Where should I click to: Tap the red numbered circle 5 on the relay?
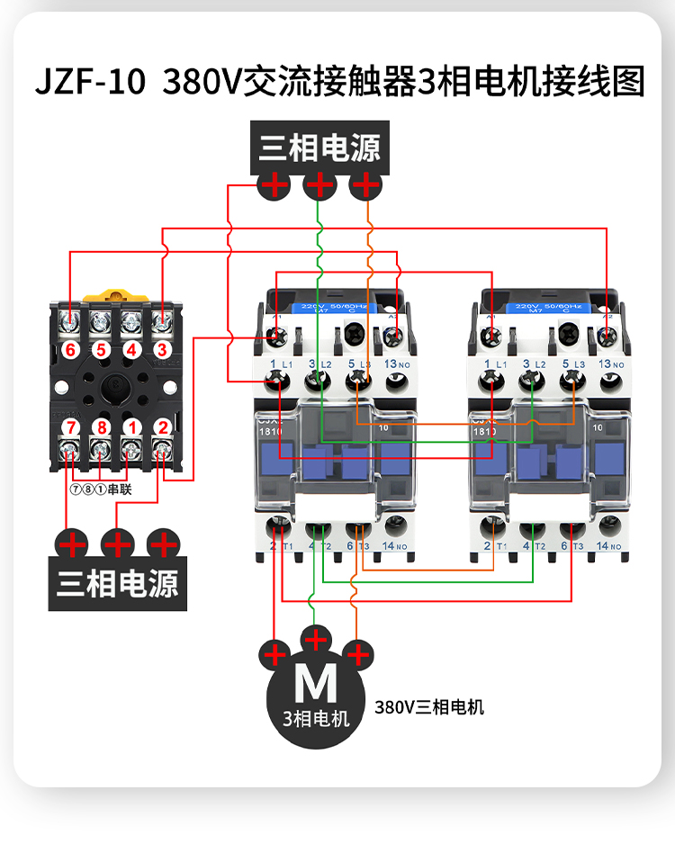point(101,349)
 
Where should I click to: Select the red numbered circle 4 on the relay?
point(131,349)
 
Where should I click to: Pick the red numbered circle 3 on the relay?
point(162,349)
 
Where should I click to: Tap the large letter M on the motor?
point(316,686)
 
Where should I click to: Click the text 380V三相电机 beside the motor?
point(429,707)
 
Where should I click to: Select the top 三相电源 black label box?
point(319,148)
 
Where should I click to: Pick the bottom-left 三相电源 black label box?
point(117,584)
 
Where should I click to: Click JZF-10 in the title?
point(89,83)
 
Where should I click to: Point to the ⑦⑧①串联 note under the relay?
point(100,490)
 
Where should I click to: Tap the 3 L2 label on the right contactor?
point(534,364)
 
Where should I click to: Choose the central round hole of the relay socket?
point(116,388)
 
